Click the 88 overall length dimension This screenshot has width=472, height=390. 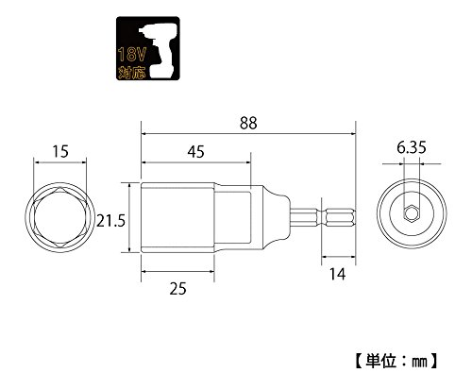pos(248,123)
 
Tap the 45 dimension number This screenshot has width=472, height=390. pos(195,152)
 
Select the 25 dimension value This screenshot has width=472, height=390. pos(177,288)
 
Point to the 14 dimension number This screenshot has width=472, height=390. pos(337,274)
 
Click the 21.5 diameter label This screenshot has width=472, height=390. pos(110,220)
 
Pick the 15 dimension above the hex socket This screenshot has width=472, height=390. pos(60,151)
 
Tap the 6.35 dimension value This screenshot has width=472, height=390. pos(412,147)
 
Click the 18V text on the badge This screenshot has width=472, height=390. pos(132,55)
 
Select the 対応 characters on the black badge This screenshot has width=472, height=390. pos(132,73)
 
